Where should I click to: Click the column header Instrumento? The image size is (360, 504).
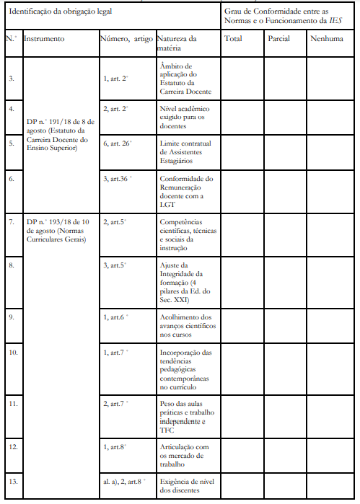point(44,38)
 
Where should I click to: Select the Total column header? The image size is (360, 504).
point(233,38)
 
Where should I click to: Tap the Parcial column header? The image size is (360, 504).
point(278,38)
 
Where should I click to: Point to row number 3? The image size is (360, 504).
point(11,78)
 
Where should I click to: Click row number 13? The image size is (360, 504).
point(12,480)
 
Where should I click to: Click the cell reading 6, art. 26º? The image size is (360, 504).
point(118,143)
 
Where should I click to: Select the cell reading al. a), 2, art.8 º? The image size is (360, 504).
point(125,480)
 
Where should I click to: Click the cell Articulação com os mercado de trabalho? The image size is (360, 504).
point(185,455)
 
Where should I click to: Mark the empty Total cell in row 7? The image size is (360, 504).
point(242,234)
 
